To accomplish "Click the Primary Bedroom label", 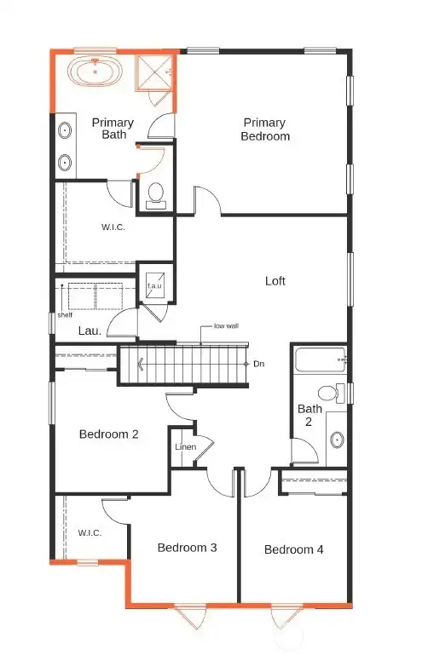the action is coord(265,129).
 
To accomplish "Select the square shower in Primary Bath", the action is coord(154,72).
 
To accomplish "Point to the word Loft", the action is coord(275,281).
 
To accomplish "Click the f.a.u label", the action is coord(154,286).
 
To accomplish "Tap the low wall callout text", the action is coord(226,326).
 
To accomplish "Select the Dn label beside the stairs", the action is coord(258,364).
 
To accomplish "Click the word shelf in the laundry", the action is coord(65,315).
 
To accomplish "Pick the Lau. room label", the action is coord(90,330).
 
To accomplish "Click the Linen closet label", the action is coord(186,446).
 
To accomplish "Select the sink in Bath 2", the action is coord(337,440).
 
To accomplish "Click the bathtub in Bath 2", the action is coord(321,359).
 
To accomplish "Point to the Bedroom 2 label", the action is coord(109,434).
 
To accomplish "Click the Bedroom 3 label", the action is coord(187,548).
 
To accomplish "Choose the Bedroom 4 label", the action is coord(294,549).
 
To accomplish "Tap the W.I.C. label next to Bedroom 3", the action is coord(90,533).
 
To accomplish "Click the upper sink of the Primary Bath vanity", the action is coord(65,130).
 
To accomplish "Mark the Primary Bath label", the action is coord(113,129).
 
